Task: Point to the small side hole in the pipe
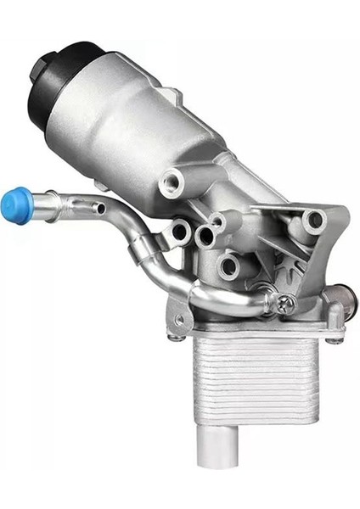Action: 101,209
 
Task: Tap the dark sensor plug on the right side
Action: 340,297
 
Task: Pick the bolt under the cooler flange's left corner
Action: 177,338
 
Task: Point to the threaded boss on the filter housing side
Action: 173,182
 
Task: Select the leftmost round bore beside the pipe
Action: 180,230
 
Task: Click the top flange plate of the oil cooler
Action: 255,329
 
